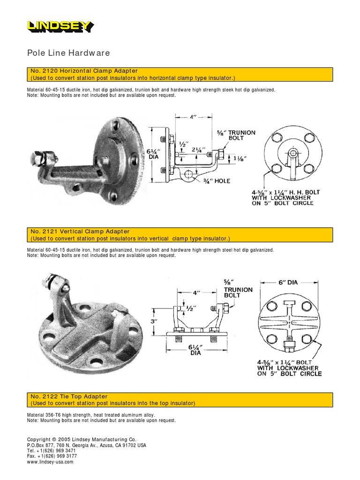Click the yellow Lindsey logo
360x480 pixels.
pos(60,27)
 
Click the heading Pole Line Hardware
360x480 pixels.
pos(68,53)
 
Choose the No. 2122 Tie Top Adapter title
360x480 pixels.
pos(69,397)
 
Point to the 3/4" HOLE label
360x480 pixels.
pos(214,180)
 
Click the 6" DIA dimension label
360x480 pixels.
pos(287,283)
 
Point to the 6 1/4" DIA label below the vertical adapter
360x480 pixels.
pos(195,350)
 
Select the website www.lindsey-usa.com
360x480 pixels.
pos(51,462)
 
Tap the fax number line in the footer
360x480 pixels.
pos(52,456)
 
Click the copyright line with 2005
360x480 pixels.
pos(82,439)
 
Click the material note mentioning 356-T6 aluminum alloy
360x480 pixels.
pos(91,415)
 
